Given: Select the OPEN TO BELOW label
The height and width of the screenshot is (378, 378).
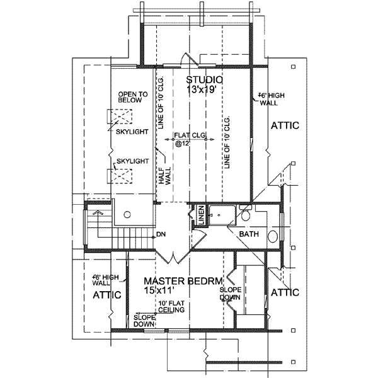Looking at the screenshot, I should coord(133,98).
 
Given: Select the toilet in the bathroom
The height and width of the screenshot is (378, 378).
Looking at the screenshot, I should coord(246,215).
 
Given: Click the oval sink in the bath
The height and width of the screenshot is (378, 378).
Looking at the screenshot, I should coord(273,237).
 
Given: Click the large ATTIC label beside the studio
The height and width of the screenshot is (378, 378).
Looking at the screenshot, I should coord(284,125).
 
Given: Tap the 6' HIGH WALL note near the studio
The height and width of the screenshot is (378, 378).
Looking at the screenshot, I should coord(273,99).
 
